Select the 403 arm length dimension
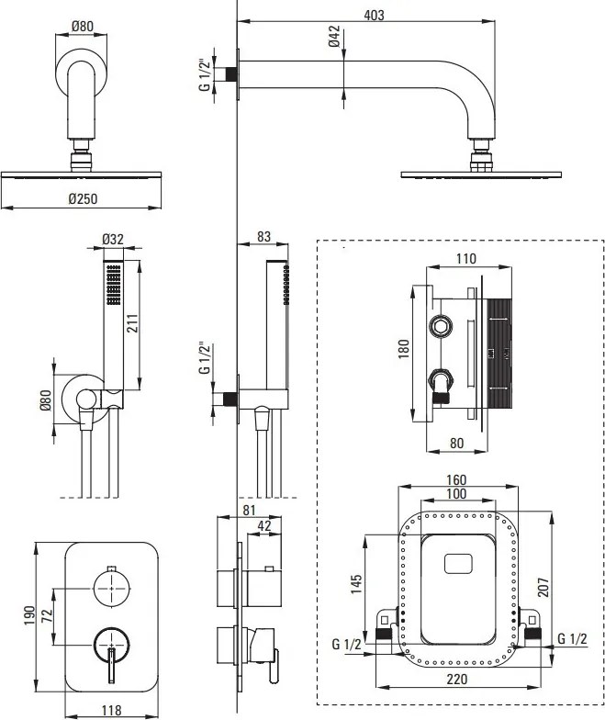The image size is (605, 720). (372, 15)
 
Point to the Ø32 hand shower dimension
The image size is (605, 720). (112, 240)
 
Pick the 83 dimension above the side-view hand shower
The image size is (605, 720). (263, 236)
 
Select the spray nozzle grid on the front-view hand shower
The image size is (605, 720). (113, 286)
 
